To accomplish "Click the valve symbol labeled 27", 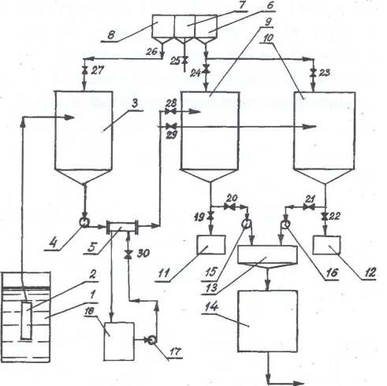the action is (x=84, y=70).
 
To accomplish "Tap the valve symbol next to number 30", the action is (x=128, y=254).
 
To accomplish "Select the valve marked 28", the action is (x=171, y=112).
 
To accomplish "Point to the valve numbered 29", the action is (x=172, y=127).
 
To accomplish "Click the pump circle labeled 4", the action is (x=84, y=223).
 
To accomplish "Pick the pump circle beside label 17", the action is (x=151, y=340).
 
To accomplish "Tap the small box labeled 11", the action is (x=211, y=245).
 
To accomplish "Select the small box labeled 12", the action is (x=326, y=245).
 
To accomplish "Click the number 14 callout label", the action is (x=211, y=306).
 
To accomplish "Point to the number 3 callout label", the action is (x=135, y=104).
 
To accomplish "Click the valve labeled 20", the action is (x=230, y=206).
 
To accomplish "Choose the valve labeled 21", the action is (x=309, y=207).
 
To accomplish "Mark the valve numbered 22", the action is (x=326, y=217).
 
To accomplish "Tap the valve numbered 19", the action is (x=210, y=217).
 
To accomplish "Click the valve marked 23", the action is (x=313, y=72).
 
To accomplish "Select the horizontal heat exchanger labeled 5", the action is (x=122, y=226).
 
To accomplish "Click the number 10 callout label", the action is (x=268, y=38).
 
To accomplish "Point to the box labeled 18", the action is (x=119, y=341).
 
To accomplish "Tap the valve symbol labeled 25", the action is (x=184, y=60).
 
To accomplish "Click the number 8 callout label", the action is (x=111, y=35).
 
